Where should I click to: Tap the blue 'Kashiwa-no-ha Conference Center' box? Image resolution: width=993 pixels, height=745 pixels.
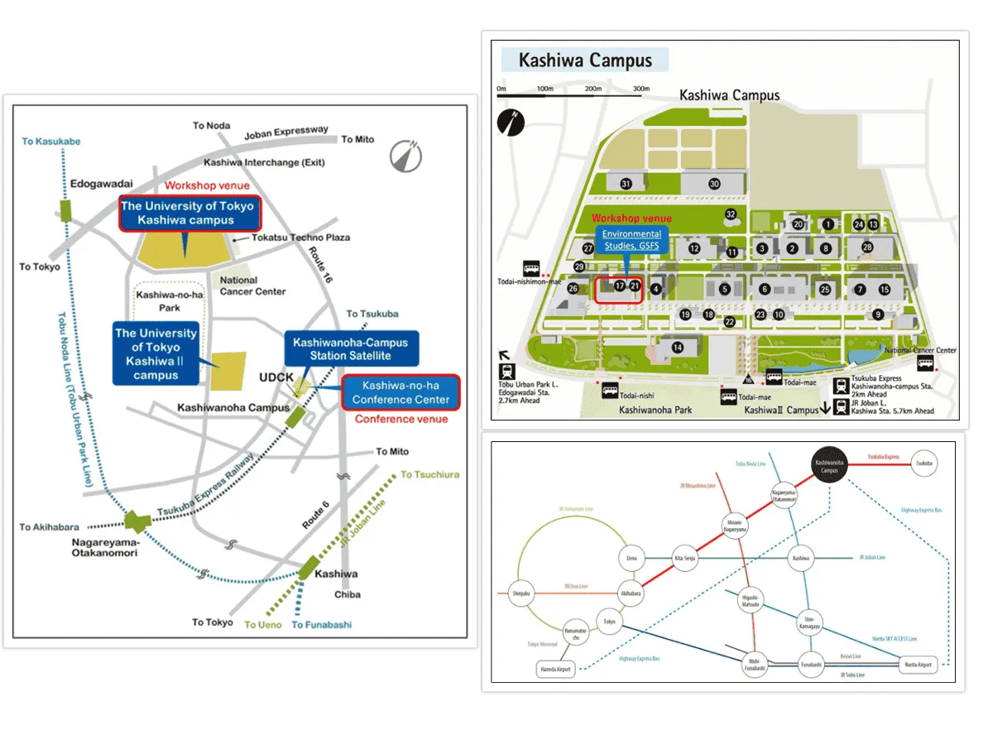coord(401,392)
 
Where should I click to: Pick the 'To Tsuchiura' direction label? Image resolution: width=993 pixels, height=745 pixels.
coord(429,474)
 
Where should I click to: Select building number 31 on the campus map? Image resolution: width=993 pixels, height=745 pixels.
coord(626,184)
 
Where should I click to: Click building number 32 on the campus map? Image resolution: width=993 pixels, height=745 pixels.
coord(730,215)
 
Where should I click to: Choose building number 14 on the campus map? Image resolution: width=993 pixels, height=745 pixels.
coord(679,347)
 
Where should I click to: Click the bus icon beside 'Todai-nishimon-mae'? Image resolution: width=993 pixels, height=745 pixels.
coord(531,269)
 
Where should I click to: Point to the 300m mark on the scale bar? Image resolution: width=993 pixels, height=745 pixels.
coord(641,89)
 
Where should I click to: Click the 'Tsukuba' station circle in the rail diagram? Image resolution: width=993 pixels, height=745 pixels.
coord(923,464)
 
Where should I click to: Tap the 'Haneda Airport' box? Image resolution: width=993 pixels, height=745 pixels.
coord(556,670)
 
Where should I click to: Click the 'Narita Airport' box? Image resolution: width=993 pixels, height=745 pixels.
coord(916,664)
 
